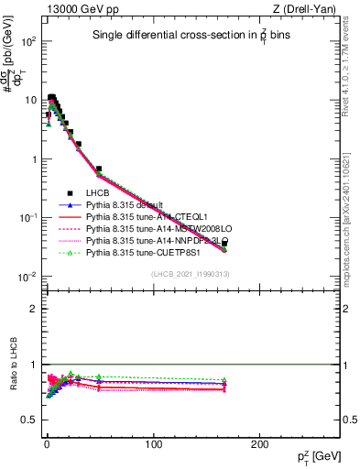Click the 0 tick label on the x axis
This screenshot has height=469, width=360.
(x=46, y=444)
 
